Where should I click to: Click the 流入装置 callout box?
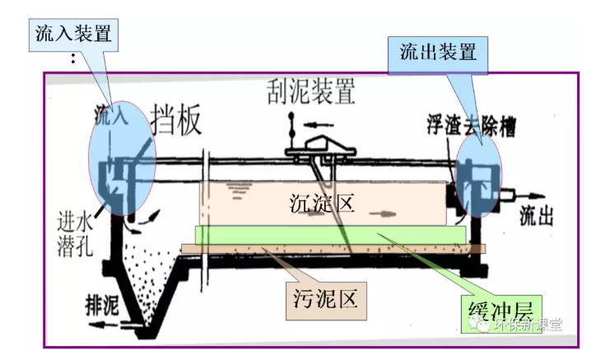pyautogui.click(x=73, y=33)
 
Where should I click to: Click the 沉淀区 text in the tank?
pyautogui.click(x=323, y=202)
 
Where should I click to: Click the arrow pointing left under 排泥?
pyautogui.click(x=100, y=325)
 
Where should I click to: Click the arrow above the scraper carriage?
pyautogui.click(x=314, y=125)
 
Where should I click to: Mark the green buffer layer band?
pyautogui.click(x=329, y=236)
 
